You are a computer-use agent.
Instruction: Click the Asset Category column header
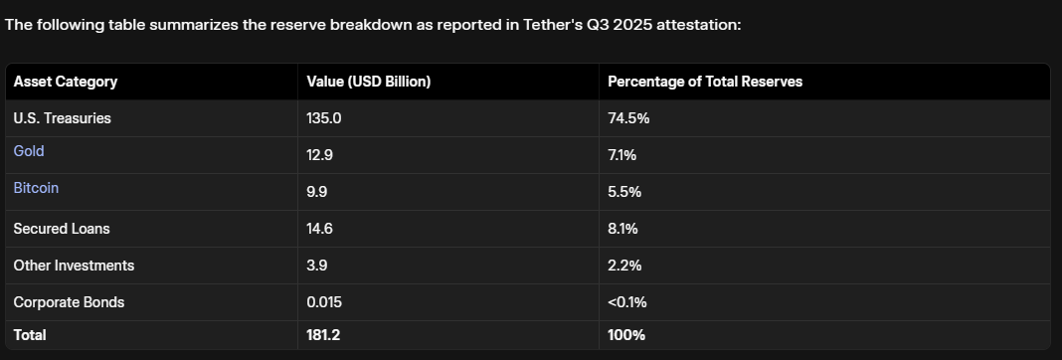66,82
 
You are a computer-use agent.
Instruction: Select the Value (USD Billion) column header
369,82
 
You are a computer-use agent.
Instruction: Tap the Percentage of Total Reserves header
705,82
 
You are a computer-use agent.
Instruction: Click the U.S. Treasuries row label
62,118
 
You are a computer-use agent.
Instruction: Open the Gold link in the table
29,151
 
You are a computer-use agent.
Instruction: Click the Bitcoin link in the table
36,188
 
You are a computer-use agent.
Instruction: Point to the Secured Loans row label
62,229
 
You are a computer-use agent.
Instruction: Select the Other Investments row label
74,266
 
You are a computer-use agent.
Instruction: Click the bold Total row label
30,335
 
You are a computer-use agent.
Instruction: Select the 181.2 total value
324,335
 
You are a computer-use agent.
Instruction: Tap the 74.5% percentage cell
628,118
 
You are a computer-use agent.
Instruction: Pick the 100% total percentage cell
626,335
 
